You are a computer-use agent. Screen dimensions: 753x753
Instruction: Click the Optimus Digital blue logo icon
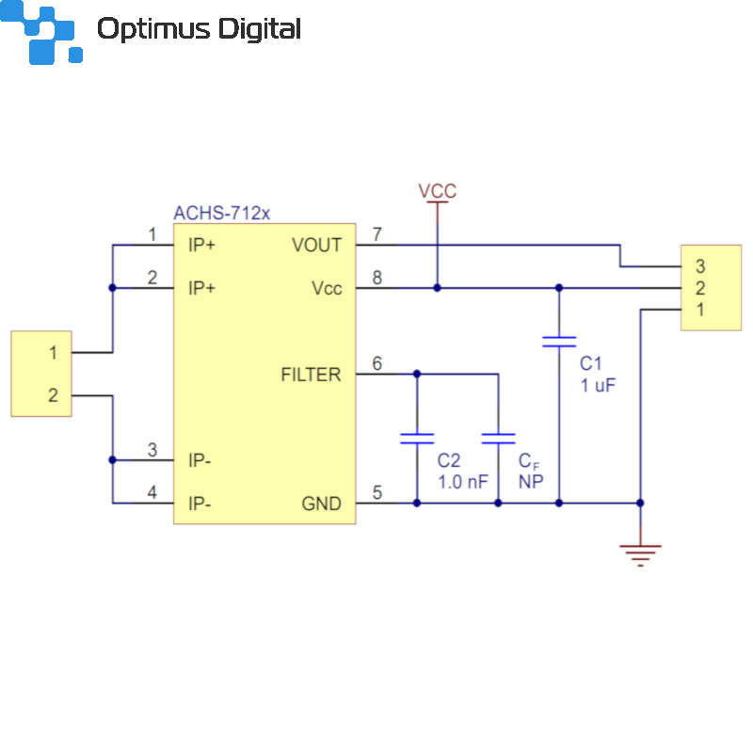coord(41,32)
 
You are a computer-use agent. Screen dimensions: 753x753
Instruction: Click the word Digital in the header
coord(260,30)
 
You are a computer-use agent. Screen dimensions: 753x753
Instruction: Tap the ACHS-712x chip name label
coord(222,213)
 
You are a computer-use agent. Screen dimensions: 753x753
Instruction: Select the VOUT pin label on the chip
coord(316,245)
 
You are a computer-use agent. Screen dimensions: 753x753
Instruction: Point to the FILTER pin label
coord(311,375)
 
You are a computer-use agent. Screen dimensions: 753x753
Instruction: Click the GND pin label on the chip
coord(321,504)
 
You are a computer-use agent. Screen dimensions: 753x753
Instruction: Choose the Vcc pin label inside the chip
coord(327,288)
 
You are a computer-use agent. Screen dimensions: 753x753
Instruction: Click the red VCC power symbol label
coord(437,191)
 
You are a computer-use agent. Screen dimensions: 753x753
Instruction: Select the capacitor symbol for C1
coord(559,342)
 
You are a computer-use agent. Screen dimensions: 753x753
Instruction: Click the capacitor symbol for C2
coord(417,439)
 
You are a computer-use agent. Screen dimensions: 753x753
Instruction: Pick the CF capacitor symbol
coord(498,439)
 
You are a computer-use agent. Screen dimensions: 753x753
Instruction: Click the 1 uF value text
coord(598,385)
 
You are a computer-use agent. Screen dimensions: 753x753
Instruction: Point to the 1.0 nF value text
coord(462,482)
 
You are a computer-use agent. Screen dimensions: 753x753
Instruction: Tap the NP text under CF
coord(531,482)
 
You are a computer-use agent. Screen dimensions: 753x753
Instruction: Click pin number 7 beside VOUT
coord(377,234)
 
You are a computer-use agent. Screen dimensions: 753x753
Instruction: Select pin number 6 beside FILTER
coord(377,363)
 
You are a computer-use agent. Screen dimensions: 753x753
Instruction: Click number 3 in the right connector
coord(700,266)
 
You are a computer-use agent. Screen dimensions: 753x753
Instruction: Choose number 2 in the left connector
coord(53,395)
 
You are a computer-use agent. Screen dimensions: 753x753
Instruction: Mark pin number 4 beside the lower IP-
coord(152,492)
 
